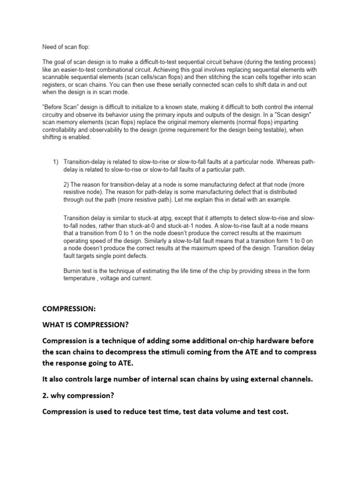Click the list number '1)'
click(55, 162)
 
